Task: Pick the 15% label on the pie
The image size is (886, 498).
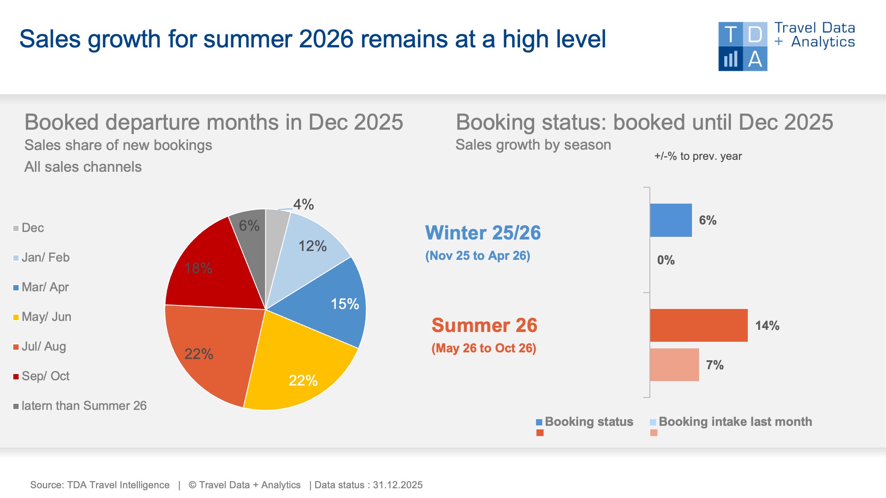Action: [x=345, y=304]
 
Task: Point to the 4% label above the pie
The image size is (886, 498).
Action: [x=303, y=205]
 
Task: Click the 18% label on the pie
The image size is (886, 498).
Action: [x=198, y=268]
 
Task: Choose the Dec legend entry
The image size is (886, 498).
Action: [x=29, y=228]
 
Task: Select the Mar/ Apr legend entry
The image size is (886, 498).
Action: [x=41, y=287]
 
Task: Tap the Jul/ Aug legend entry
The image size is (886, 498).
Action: [x=40, y=347]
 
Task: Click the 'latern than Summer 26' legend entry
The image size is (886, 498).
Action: [x=80, y=406]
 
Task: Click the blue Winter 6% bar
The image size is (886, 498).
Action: [x=671, y=220]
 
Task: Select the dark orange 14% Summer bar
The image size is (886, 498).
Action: [x=699, y=325]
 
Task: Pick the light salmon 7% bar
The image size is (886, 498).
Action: [x=674, y=365]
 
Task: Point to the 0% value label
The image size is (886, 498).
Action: [x=666, y=260]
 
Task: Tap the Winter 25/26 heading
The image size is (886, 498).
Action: [x=483, y=233]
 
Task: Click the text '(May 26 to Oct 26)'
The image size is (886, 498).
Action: [x=484, y=348]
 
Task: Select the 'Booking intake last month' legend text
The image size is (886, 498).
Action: [x=735, y=421]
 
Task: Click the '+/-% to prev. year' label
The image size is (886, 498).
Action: [x=698, y=156]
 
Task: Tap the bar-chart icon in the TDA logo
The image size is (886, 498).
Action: [x=731, y=59]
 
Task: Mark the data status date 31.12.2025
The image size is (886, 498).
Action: [x=398, y=485]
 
